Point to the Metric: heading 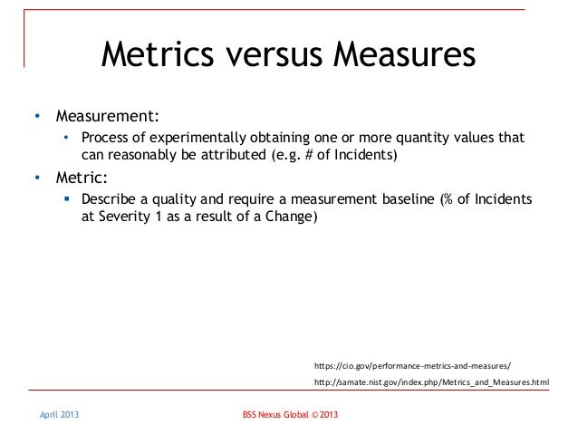click(x=83, y=178)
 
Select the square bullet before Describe click(x=67, y=199)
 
